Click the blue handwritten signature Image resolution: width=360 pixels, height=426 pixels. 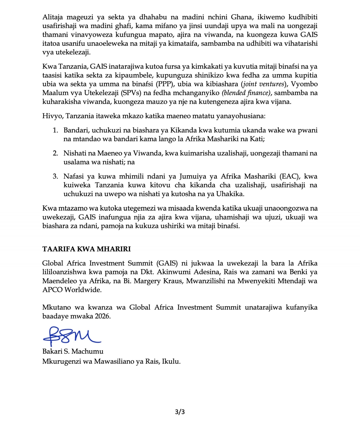click(x=71, y=336)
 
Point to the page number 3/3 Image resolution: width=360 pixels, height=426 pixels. click(x=180, y=412)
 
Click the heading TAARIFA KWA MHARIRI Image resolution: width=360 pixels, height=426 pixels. click(x=86, y=249)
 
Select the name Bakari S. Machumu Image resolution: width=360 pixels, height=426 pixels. click(x=73, y=351)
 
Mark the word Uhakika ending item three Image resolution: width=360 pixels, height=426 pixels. click(x=230, y=194)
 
